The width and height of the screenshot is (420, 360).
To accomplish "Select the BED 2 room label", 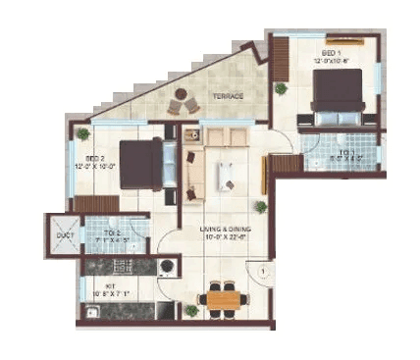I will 95,158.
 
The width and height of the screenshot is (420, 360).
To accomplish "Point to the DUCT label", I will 64,235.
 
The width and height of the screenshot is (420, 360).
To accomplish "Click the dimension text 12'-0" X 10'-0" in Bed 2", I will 95,167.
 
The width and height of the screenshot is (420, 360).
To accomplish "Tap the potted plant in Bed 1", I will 282,88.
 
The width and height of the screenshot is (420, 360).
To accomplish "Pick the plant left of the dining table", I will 191,310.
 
